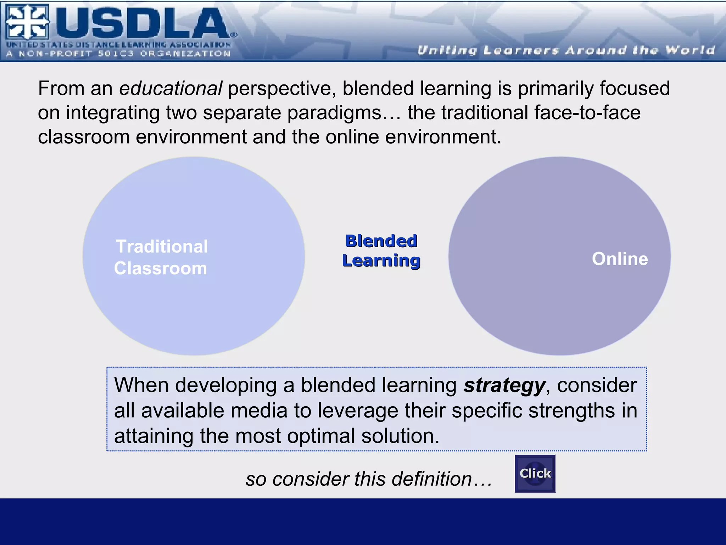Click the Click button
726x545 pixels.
point(535,474)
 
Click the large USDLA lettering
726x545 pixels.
point(142,23)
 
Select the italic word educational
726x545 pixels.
point(171,88)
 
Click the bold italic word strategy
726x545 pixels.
point(504,385)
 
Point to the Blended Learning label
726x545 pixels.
point(381,251)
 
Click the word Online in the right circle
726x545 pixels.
point(620,259)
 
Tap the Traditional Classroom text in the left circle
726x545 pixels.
point(161,257)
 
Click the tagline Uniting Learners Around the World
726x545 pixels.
point(566,50)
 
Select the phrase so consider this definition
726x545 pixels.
point(369,479)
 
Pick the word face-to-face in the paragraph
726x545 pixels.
point(587,113)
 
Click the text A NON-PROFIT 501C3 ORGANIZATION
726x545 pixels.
point(118,54)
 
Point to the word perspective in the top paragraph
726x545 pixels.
point(281,88)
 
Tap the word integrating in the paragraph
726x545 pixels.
point(113,113)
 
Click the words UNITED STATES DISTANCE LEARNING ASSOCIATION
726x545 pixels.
point(118,45)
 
